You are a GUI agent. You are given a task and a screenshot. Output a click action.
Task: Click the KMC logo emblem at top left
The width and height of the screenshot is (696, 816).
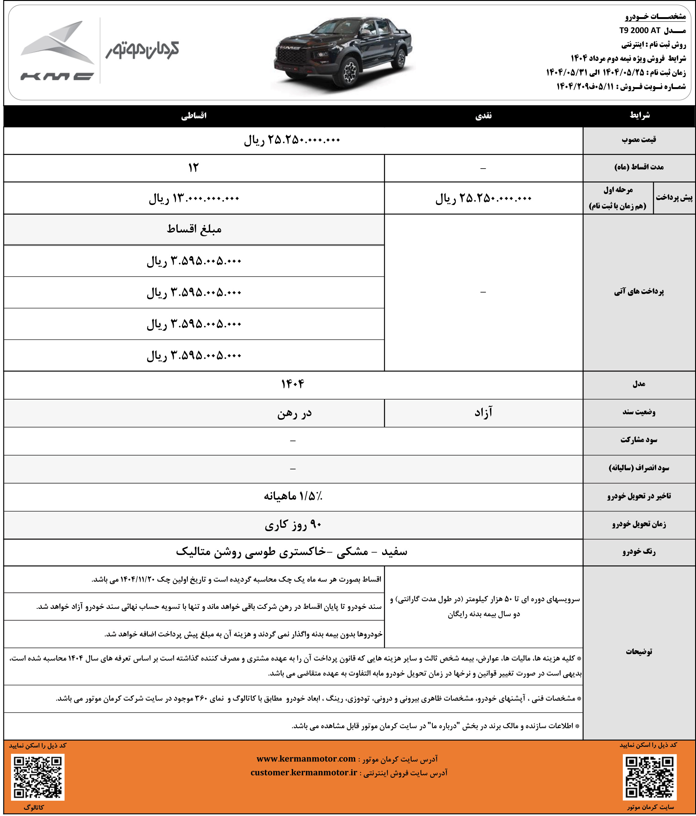[x=58, y=50]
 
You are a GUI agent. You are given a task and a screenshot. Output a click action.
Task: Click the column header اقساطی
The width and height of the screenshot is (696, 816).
[x=194, y=116]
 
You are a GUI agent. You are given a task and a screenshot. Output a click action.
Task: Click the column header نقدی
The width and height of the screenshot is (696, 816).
[x=483, y=116]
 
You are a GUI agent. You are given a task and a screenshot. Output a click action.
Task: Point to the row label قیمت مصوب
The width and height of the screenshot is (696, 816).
[x=638, y=140]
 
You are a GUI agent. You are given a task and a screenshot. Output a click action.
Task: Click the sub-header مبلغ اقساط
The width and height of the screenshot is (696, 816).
[x=194, y=229]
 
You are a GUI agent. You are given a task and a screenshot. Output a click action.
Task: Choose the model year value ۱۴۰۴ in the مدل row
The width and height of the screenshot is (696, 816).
[x=293, y=384]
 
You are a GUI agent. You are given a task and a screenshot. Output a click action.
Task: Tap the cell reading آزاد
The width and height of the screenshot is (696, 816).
[x=483, y=413]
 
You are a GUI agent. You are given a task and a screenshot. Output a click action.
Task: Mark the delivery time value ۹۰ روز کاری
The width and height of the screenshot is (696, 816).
[x=293, y=525]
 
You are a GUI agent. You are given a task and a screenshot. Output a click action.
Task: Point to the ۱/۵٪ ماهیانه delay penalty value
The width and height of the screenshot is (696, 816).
[x=293, y=496]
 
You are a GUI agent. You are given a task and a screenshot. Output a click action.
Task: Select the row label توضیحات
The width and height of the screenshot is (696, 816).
[x=638, y=652]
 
